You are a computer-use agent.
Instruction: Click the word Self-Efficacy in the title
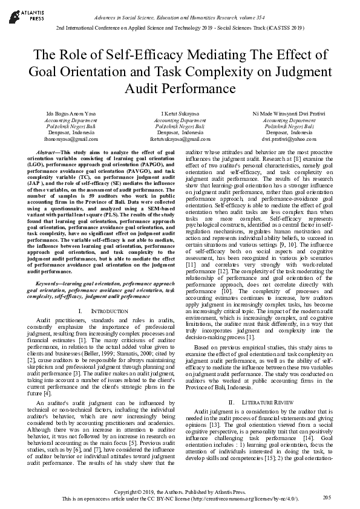tap(140, 54)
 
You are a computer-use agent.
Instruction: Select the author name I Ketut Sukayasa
tap(180, 114)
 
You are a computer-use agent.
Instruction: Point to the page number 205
tap(327, 497)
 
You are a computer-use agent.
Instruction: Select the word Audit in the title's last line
tap(143, 89)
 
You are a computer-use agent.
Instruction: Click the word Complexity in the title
tap(240, 71)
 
